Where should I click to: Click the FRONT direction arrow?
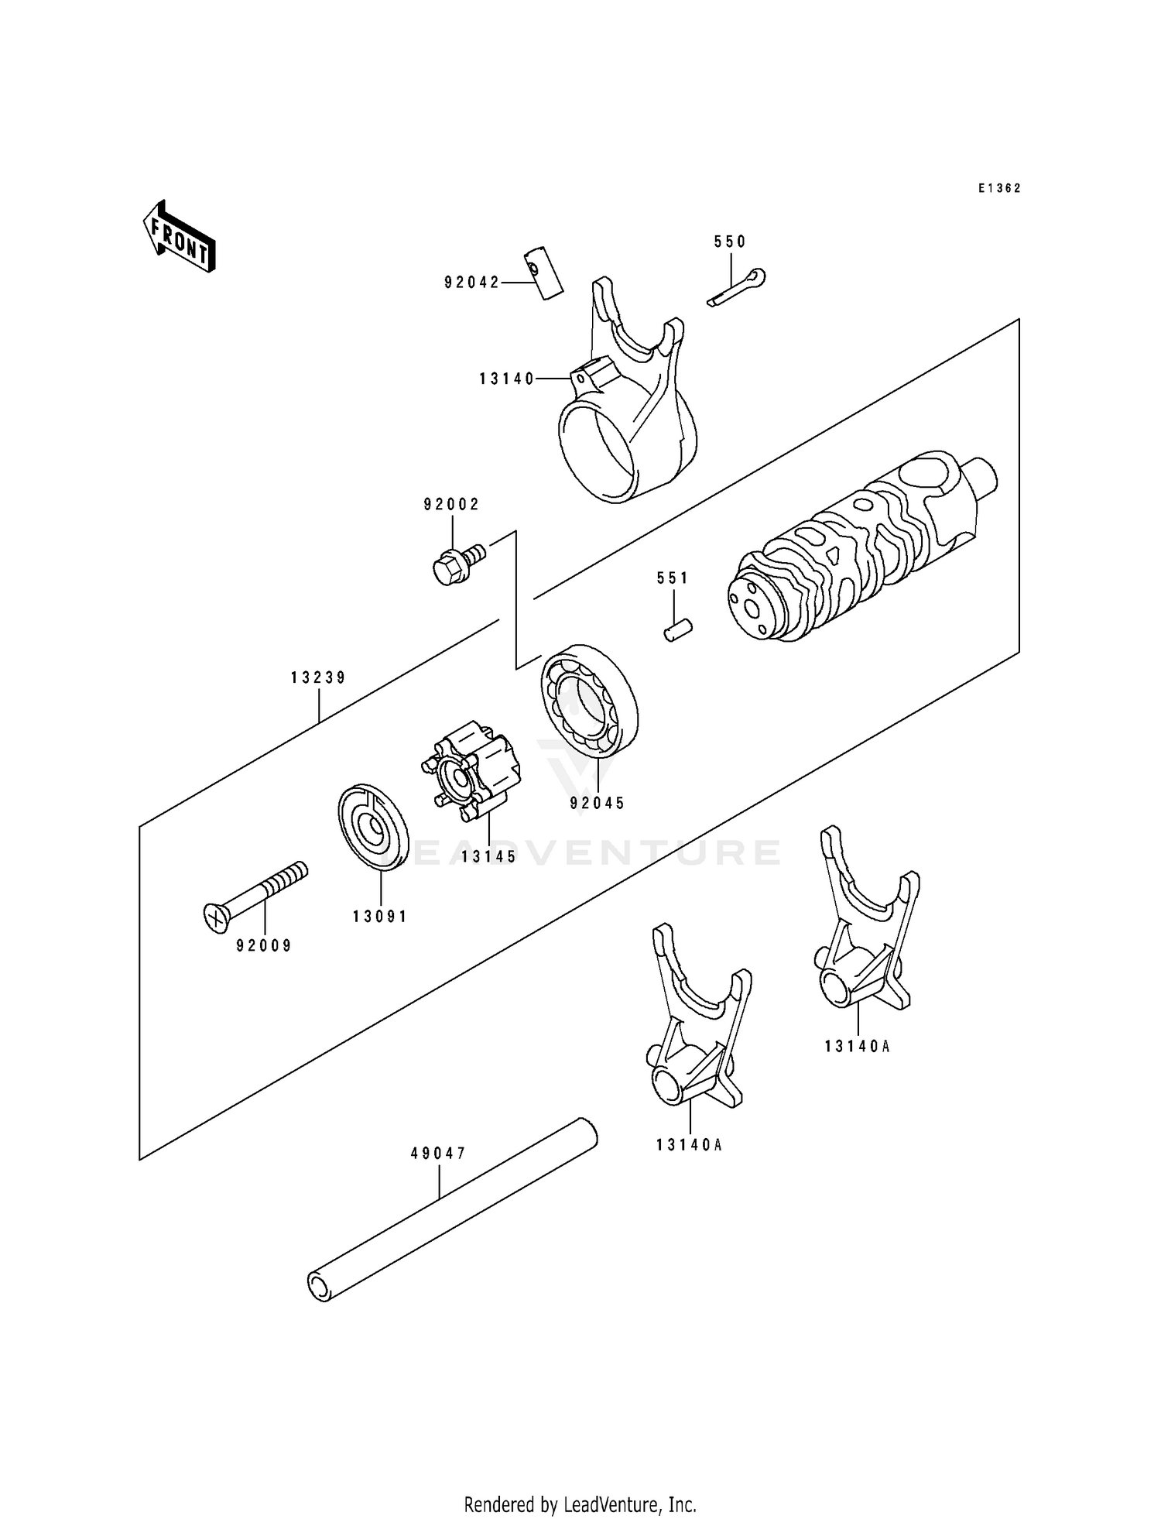click(x=179, y=236)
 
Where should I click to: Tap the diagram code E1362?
click(x=998, y=188)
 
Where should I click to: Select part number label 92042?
click(x=472, y=283)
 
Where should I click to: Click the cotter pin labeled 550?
click(x=736, y=287)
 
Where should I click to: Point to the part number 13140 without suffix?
click(x=507, y=379)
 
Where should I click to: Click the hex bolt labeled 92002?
click(x=457, y=564)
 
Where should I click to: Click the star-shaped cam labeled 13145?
click(x=472, y=770)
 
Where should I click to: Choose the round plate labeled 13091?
click(x=373, y=828)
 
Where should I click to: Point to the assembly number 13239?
click(x=318, y=677)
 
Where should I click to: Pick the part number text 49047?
click(x=438, y=1153)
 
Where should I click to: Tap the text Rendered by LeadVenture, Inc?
click(x=580, y=1504)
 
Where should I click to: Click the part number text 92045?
click(x=597, y=804)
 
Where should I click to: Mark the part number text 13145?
click(x=488, y=857)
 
